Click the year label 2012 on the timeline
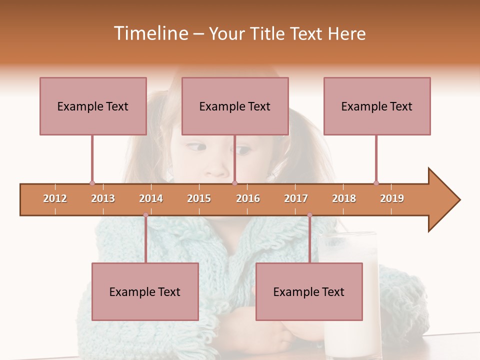point(55,198)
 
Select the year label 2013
point(103,198)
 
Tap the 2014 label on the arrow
point(151,198)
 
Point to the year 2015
point(199,198)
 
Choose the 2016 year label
point(248,198)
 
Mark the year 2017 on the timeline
point(296,198)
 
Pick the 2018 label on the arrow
point(344,198)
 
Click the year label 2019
point(392,198)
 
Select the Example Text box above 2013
point(93,106)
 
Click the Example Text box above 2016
point(235,106)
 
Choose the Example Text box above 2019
point(377,106)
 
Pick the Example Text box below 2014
point(145,291)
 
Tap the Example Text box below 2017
point(309,291)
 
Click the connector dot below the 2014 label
point(145,215)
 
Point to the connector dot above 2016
point(235,183)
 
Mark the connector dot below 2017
point(309,215)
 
